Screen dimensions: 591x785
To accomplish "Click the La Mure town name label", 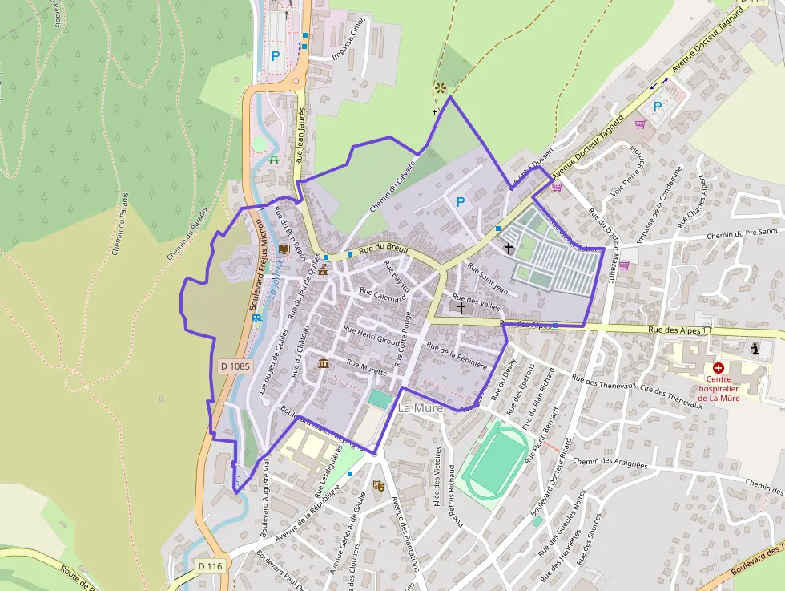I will [x=421, y=408].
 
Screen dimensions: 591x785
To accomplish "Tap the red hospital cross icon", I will [x=718, y=368].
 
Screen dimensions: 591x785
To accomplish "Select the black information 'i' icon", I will [x=755, y=349].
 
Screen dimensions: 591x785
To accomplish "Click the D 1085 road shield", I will [x=235, y=366].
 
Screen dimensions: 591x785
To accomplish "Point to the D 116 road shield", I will [x=210, y=566].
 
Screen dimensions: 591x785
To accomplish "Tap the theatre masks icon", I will [x=378, y=485].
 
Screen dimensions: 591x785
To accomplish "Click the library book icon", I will [x=283, y=250].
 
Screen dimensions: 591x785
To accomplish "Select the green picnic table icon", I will [x=274, y=159].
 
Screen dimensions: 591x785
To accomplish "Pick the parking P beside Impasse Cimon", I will [x=276, y=56].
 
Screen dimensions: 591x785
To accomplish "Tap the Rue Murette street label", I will [x=367, y=367].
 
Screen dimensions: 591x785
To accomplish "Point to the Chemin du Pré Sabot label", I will [x=745, y=235].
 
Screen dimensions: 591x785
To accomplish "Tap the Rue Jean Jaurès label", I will [x=301, y=136].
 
